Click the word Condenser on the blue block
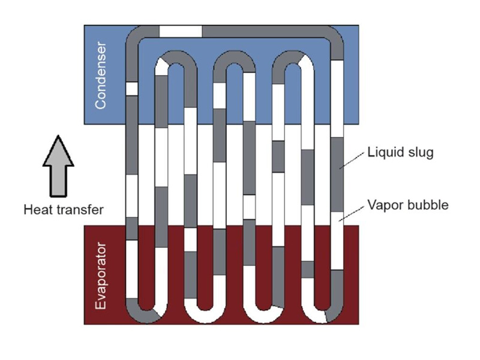100,75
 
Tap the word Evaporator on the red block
100,275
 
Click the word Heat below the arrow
38,210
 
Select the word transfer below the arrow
78,210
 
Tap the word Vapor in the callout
381,205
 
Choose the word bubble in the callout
427,205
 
